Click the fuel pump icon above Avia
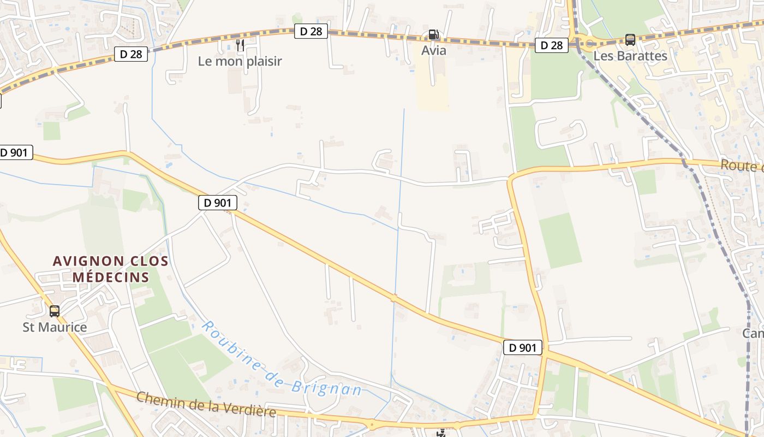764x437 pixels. tap(433, 34)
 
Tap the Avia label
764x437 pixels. tap(434, 51)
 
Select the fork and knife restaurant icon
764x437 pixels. tap(240, 45)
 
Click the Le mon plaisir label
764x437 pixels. tap(240, 61)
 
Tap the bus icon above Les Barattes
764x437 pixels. tap(630, 40)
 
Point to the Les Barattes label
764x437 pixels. tap(630, 56)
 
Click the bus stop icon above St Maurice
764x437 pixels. tap(55, 311)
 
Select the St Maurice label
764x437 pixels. tap(55, 327)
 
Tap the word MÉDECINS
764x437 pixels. tap(111, 277)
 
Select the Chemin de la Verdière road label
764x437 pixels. tap(206, 404)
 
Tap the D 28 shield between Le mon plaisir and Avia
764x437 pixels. tap(311, 32)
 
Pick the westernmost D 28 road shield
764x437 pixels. tap(131, 54)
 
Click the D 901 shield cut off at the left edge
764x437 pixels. tap(15, 152)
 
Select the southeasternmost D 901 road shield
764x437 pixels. tap(523, 347)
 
